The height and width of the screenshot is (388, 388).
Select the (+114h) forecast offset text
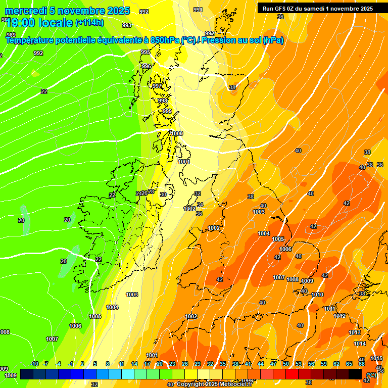coord(89,22)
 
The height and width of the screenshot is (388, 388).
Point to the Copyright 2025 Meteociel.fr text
coord(214,384)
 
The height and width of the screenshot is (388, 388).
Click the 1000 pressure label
coord(177,133)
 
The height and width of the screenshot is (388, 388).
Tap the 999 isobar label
coord(167,111)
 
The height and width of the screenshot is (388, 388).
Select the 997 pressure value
coord(157,86)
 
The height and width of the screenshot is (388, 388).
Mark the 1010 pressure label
coord(317,295)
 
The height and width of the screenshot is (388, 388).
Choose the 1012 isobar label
coord(339,316)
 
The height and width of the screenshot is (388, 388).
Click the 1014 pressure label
coord(359,344)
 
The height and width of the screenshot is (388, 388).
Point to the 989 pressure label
coord(11,34)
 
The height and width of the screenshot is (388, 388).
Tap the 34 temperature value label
coord(200,205)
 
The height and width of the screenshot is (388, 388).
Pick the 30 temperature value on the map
coord(163,195)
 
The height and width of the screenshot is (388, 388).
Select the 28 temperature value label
coord(151,191)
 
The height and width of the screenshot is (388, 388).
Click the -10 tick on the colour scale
coord(34,364)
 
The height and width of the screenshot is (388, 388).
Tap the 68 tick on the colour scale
coord(362,364)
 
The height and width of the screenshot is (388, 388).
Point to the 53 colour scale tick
coord(299,364)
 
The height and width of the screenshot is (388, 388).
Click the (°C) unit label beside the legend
coord(371,374)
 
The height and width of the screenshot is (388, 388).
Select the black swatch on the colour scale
coord(355,374)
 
